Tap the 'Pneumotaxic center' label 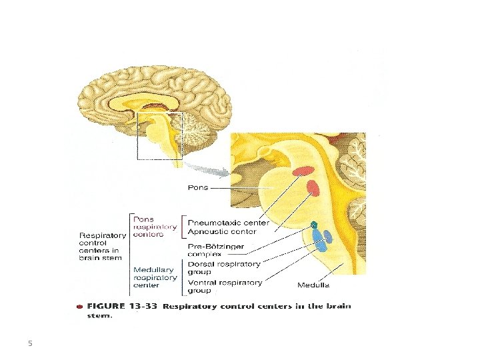click(228, 223)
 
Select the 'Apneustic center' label click(222, 231)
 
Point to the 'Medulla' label click(313, 285)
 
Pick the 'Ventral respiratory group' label click(225, 286)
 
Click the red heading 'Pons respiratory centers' click(155, 227)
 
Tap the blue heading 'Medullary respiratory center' click(155, 277)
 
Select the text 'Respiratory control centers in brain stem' click(103, 246)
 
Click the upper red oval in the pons click(303, 170)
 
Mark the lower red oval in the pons click(313, 188)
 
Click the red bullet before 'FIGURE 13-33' click(79, 307)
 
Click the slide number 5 click(30, 344)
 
